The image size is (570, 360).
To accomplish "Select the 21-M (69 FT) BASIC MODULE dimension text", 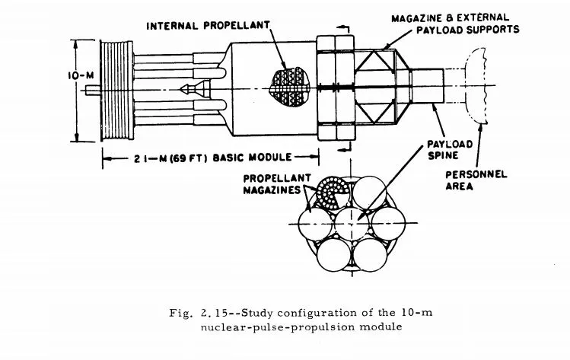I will coord(198,158).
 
